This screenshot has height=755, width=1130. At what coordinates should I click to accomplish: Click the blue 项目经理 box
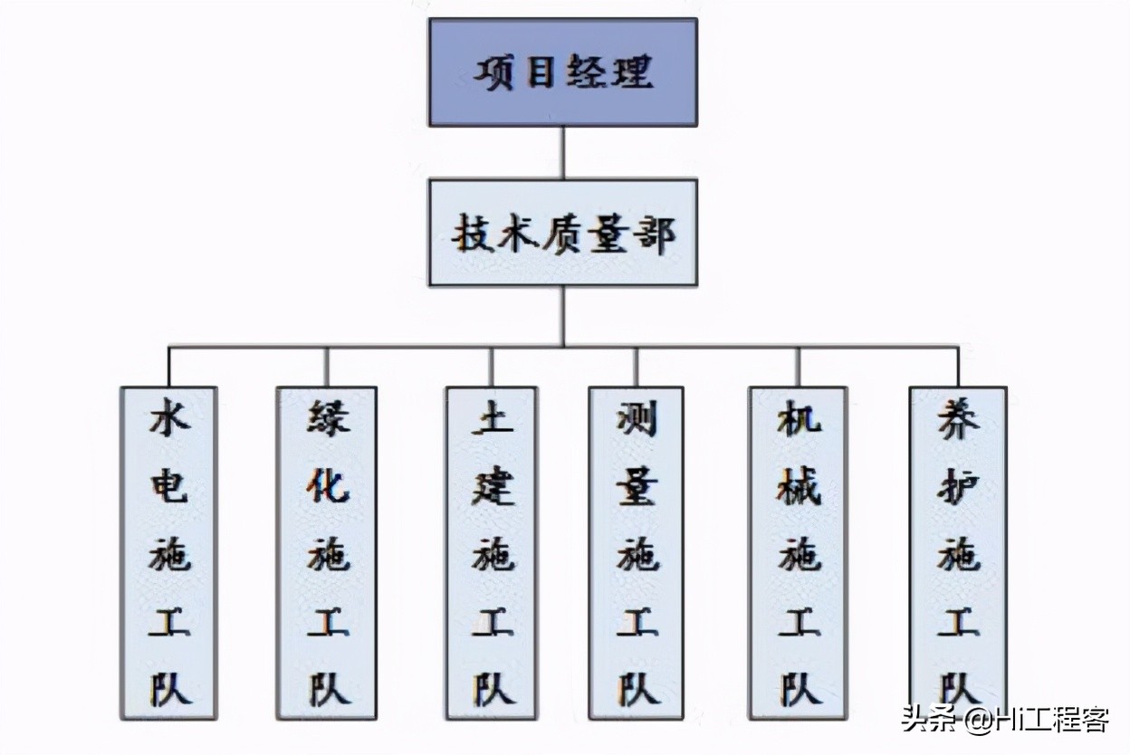coord(562,72)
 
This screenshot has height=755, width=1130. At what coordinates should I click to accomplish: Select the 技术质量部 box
coord(562,233)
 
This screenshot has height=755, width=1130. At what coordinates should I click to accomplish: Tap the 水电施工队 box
coord(169,553)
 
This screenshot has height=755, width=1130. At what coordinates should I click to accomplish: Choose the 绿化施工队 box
coord(327,553)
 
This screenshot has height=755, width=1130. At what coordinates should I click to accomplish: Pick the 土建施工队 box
coord(492,553)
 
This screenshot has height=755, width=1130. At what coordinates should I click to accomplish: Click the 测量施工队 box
coord(637,553)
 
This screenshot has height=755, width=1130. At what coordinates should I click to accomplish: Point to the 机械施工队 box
coord(799,553)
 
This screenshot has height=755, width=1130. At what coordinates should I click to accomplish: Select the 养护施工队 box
coord(958,553)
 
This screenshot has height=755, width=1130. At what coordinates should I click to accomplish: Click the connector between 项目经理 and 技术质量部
coord(563,152)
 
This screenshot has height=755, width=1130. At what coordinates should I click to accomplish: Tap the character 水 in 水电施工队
coord(169,420)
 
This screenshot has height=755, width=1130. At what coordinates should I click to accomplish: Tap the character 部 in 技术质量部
coord(653,234)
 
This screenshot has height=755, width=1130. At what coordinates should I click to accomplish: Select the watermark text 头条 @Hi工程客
coord(1004,722)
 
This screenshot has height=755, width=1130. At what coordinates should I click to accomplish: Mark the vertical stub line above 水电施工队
coord(169,367)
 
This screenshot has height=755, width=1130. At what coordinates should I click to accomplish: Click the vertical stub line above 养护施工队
coord(958,367)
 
